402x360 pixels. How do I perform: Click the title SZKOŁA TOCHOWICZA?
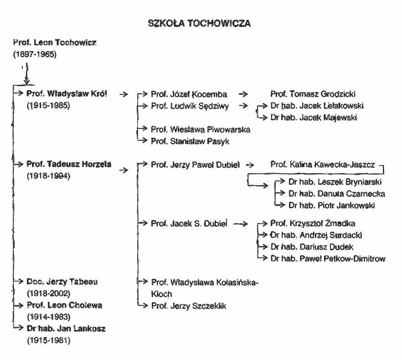pyautogui.click(x=200, y=24)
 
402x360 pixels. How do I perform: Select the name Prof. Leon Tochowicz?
pyautogui.click(x=55, y=43)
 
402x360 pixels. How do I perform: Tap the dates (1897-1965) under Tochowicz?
pyautogui.click(x=34, y=54)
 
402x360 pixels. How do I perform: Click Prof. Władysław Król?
pyautogui.click(x=67, y=94)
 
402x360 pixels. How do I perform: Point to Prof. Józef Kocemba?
pyautogui.click(x=189, y=94)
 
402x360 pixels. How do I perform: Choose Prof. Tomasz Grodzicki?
pyautogui.click(x=313, y=94)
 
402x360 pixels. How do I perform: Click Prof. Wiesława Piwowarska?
pyautogui.click(x=201, y=130)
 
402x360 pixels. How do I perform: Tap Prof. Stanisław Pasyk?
pyautogui.click(x=191, y=141)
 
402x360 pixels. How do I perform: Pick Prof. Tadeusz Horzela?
pyautogui.click(x=69, y=165)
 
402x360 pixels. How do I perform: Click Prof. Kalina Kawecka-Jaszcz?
pyautogui.click(x=323, y=165)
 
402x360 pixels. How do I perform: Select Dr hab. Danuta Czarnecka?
pyautogui.click(x=336, y=194)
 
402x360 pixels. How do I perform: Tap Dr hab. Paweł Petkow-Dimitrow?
pyautogui.click(x=328, y=259)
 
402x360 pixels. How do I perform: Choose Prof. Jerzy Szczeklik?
pyautogui.click(x=189, y=306)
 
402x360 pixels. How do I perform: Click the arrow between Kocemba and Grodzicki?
pyautogui.click(x=243, y=94)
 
